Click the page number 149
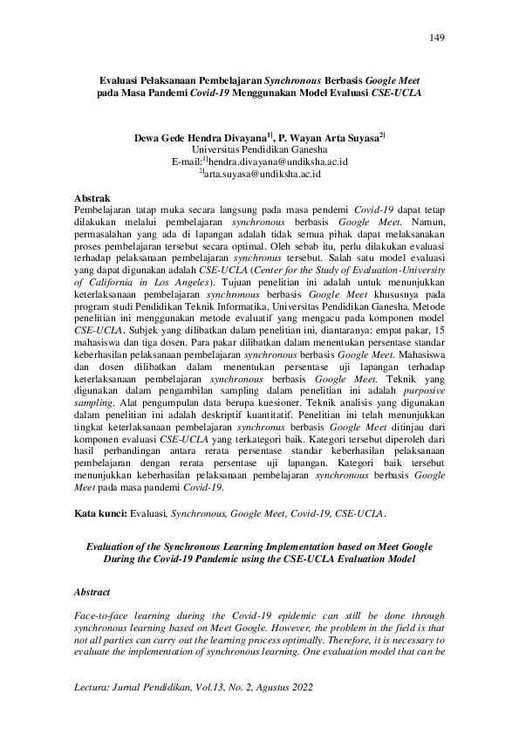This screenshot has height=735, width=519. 437,37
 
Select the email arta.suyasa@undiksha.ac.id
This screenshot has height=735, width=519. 263,174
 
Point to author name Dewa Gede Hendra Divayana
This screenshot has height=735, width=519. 201,138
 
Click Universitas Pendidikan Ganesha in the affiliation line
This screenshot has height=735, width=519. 260,150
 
